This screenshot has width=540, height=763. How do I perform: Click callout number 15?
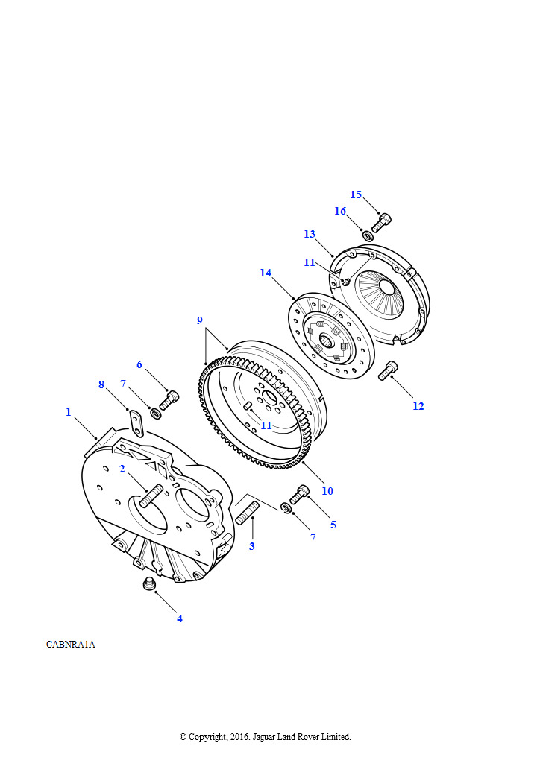pyautogui.click(x=356, y=194)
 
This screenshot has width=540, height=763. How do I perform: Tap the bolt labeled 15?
pyautogui.click(x=381, y=223)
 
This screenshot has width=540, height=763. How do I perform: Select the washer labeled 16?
pyautogui.click(x=368, y=236)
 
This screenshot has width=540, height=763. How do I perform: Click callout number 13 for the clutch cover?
pyautogui.click(x=310, y=234)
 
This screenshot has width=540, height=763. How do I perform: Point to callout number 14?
pyautogui.click(x=266, y=273)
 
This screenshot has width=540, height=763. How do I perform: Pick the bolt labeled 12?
pyautogui.click(x=388, y=371)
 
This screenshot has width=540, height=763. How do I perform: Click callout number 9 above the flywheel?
pyautogui.click(x=200, y=320)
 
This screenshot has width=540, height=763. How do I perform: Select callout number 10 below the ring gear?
pyautogui.click(x=327, y=491)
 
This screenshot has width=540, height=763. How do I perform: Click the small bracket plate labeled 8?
pyautogui.click(x=136, y=423)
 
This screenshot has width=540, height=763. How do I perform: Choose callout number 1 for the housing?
pyautogui.click(x=69, y=412)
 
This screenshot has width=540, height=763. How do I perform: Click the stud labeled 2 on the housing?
pyautogui.click(x=151, y=496)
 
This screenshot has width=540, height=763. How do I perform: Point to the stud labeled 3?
pyautogui.click(x=248, y=513)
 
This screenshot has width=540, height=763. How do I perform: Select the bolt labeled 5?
pyautogui.click(x=299, y=494)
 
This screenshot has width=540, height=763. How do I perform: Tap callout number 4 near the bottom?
pyautogui.click(x=180, y=618)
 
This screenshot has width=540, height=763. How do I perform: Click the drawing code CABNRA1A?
pyautogui.click(x=71, y=645)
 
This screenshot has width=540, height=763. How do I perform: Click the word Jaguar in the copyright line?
pyautogui.click(x=264, y=737)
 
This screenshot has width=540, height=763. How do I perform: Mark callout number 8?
pyautogui.click(x=101, y=384)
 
